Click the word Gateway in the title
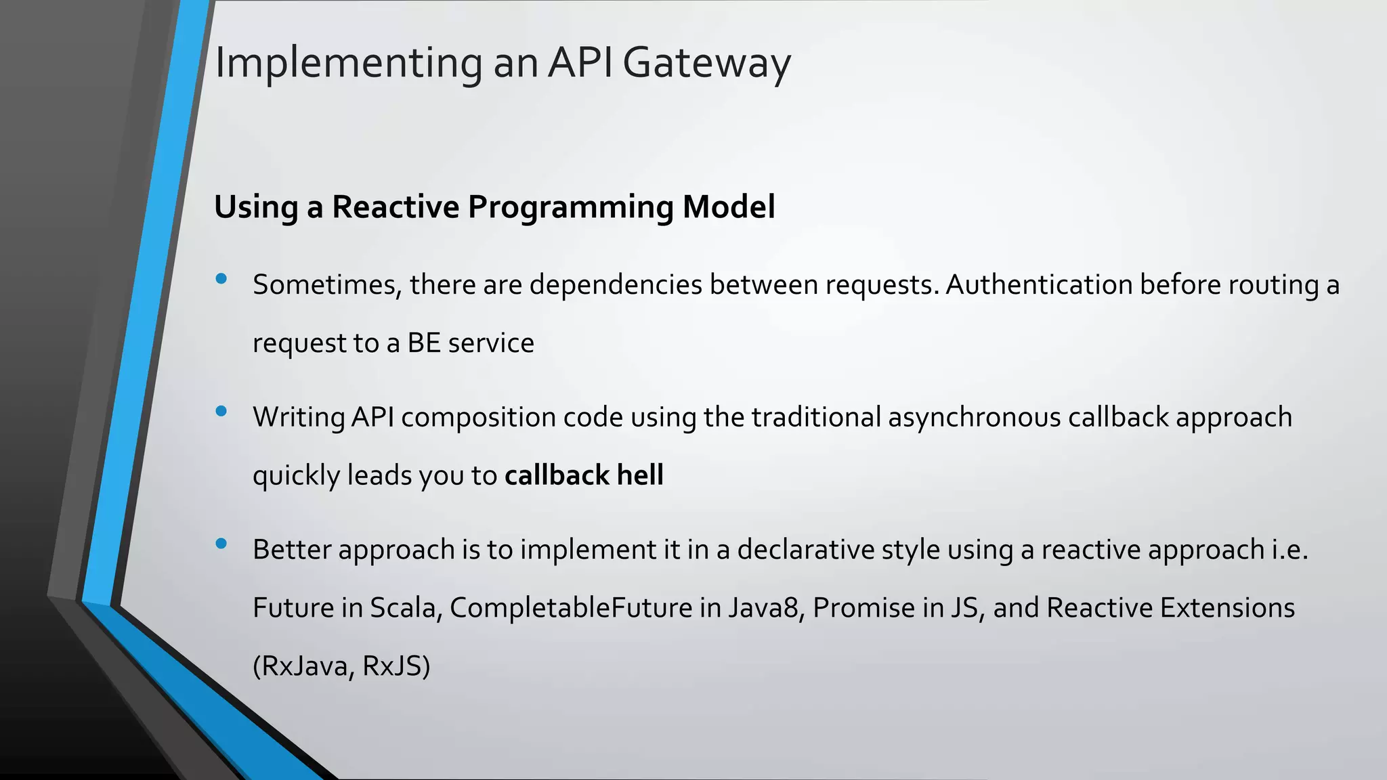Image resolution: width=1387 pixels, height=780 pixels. coord(706,64)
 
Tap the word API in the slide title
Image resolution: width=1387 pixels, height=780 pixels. coord(580,62)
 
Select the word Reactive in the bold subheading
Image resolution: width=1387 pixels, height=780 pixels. coord(395,207)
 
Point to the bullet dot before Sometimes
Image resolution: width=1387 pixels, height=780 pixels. coord(221,278)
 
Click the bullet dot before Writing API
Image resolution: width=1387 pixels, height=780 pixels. coord(221,411)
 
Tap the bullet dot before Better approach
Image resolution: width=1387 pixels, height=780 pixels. coord(221,543)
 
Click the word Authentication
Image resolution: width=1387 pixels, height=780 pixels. coord(1039,284)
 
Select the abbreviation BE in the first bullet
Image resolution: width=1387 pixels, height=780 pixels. coord(424,343)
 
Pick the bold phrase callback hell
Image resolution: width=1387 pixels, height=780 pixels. coord(584,475)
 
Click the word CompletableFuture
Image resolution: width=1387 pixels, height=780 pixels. coord(570,608)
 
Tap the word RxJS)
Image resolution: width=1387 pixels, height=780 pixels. coord(396,666)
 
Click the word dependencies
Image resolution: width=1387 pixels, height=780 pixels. coord(616,284)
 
